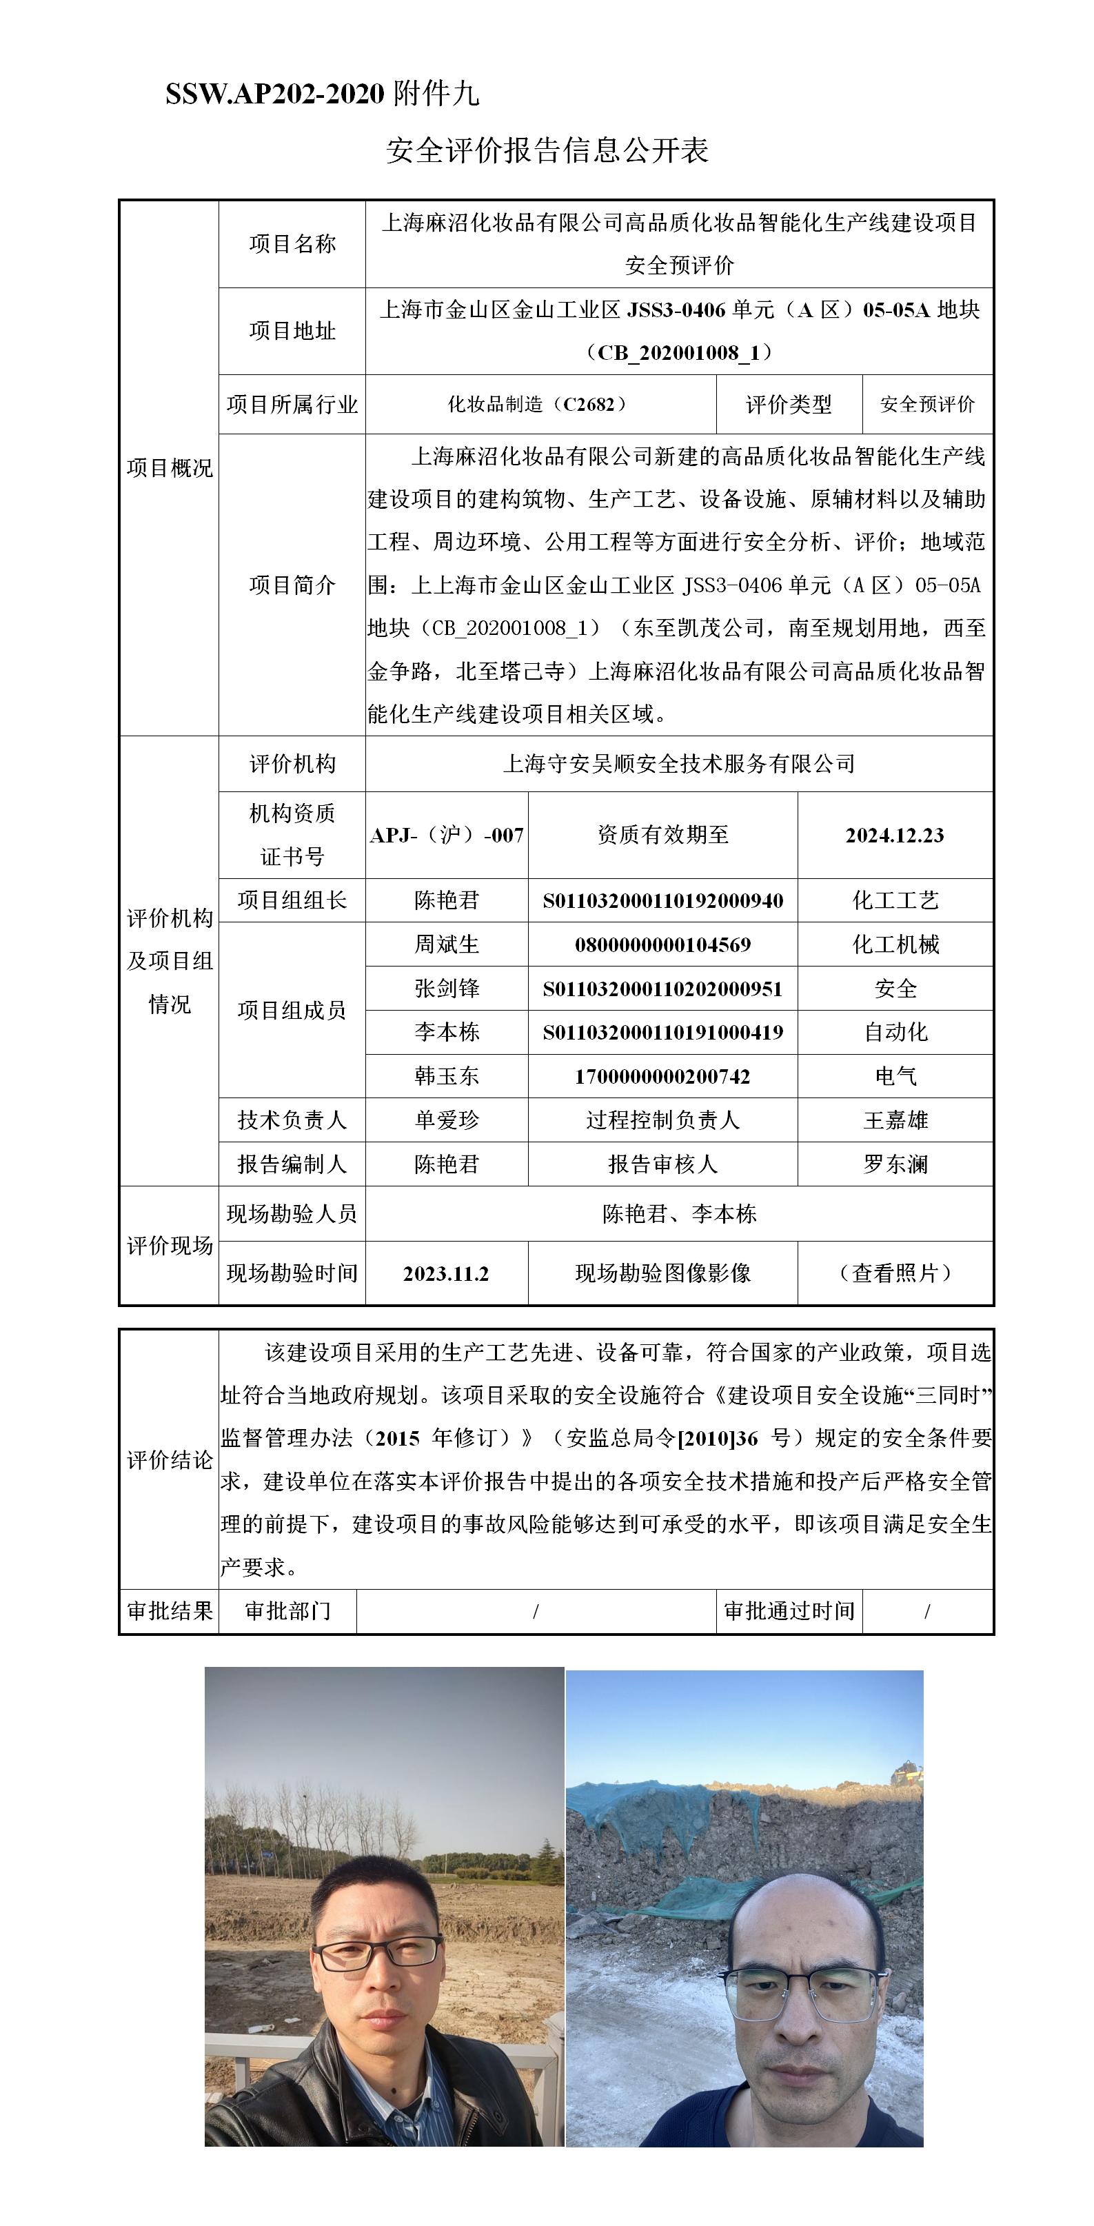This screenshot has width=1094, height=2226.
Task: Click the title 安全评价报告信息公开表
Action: tap(547, 150)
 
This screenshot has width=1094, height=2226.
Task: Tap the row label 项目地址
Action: tap(292, 331)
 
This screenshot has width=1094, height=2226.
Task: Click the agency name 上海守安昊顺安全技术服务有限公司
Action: tap(678, 764)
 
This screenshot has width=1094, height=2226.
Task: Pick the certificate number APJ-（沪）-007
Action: tap(447, 835)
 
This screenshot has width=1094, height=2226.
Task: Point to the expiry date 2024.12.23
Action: tap(894, 835)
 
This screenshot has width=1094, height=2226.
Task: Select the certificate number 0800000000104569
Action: tap(662, 944)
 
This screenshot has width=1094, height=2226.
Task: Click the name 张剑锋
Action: tap(447, 989)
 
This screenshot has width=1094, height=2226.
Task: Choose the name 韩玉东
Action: tap(447, 1076)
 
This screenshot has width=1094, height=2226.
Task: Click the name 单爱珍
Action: tap(447, 1120)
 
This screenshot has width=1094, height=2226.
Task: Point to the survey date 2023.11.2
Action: tap(446, 1274)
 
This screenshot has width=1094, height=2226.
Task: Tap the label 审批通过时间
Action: tap(789, 1611)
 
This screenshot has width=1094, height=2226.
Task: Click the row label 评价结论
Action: tap(170, 1460)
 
